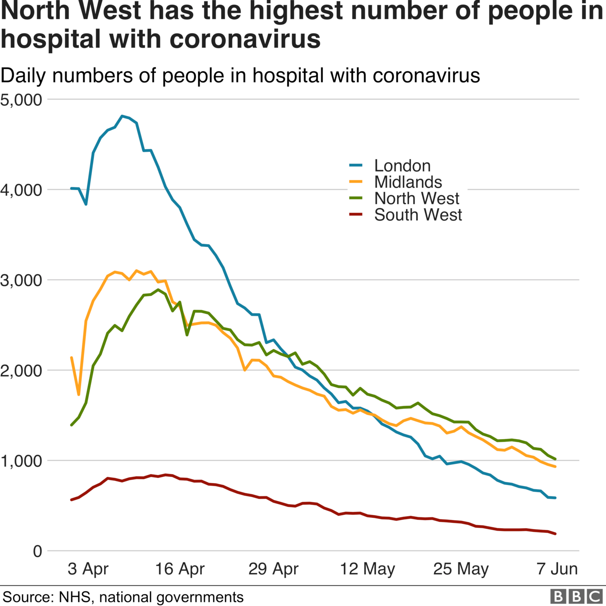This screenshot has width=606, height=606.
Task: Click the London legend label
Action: (402, 166)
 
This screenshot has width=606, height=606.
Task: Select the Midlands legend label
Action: (408, 182)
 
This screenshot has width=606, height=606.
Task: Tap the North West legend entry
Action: (416, 199)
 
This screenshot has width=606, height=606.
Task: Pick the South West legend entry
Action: (418, 215)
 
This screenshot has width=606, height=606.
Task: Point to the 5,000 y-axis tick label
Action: (21, 100)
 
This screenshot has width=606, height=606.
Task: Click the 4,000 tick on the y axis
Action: (21, 190)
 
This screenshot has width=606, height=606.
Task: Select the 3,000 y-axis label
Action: (21, 280)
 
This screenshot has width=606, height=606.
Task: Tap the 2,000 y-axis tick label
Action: (21, 371)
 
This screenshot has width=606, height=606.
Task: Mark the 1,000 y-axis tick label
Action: (21, 461)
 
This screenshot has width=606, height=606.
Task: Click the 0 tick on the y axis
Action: (37, 551)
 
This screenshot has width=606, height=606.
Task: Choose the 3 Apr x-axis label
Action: (88, 569)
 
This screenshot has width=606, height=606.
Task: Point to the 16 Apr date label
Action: (180, 569)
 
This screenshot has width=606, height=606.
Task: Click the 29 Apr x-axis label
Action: (274, 569)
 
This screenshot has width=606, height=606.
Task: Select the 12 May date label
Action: (368, 569)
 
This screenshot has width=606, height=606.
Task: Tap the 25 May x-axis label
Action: (461, 569)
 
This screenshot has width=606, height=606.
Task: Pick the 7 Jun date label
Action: (557, 569)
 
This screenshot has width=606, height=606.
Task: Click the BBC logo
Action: (576, 596)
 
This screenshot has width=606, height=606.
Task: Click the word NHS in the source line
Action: (75, 597)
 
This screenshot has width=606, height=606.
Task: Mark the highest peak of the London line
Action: (122, 116)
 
